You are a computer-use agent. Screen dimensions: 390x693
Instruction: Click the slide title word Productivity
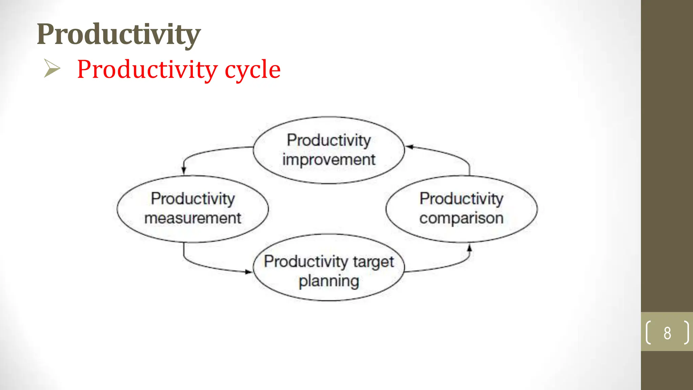click(x=118, y=35)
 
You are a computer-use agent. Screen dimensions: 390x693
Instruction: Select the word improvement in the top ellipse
click(x=329, y=160)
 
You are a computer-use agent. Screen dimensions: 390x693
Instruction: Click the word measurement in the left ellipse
click(x=193, y=218)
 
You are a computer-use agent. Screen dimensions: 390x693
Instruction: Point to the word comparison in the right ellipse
click(x=461, y=218)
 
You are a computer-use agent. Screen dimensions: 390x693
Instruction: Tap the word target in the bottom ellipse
click(x=373, y=262)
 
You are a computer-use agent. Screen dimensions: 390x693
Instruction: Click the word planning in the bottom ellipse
click(x=329, y=281)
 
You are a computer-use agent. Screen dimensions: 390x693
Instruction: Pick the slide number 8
click(x=667, y=333)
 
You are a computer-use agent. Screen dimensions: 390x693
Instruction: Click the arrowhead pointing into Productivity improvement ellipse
click(x=409, y=147)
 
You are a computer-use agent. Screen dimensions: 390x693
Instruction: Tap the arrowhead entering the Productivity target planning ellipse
click(x=248, y=272)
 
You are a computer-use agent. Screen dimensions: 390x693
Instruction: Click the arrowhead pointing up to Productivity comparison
click(x=469, y=248)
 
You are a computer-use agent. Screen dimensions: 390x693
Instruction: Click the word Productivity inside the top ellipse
click(x=329, y=140)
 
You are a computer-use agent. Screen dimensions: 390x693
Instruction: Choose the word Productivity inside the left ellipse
click(x=193, y=198)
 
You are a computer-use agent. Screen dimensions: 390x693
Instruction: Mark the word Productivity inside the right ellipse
click(x=461, y=198)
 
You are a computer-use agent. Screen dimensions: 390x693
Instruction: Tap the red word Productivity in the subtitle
click(x=147, y=70)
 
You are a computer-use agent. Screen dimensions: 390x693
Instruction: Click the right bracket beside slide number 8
click(x=686, y=332)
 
